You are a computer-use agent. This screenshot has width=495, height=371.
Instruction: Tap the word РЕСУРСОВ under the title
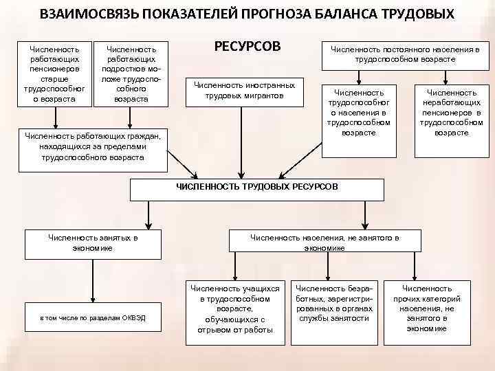point(248,47)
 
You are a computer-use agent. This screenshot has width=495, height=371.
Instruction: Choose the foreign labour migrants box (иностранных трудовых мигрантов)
point(245,90)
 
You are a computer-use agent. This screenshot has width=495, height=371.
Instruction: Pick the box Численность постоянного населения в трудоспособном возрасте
point(405,54)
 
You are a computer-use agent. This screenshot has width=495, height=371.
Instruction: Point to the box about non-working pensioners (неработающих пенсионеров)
point(452,112)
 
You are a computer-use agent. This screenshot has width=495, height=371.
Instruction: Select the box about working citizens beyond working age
point(93,146)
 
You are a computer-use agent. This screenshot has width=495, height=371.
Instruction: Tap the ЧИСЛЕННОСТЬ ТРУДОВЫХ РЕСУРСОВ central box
point(256,187)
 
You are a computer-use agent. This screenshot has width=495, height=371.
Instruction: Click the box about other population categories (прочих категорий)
point(427,308)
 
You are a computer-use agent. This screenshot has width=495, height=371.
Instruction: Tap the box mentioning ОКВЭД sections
point(93,317)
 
